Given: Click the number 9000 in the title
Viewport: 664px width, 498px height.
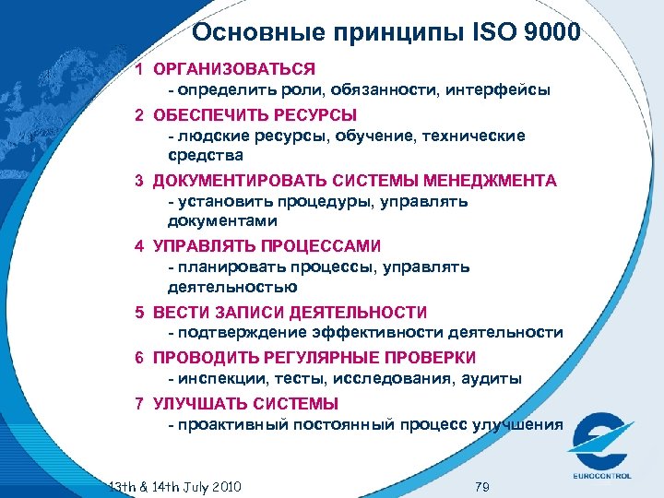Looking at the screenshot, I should tap(549, 34).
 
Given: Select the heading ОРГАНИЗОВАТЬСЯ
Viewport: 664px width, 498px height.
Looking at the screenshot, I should tap(234, 69).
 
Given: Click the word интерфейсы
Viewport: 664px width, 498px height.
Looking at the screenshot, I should tap(503, 91).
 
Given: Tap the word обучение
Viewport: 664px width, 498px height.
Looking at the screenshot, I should tap(377, 136).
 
